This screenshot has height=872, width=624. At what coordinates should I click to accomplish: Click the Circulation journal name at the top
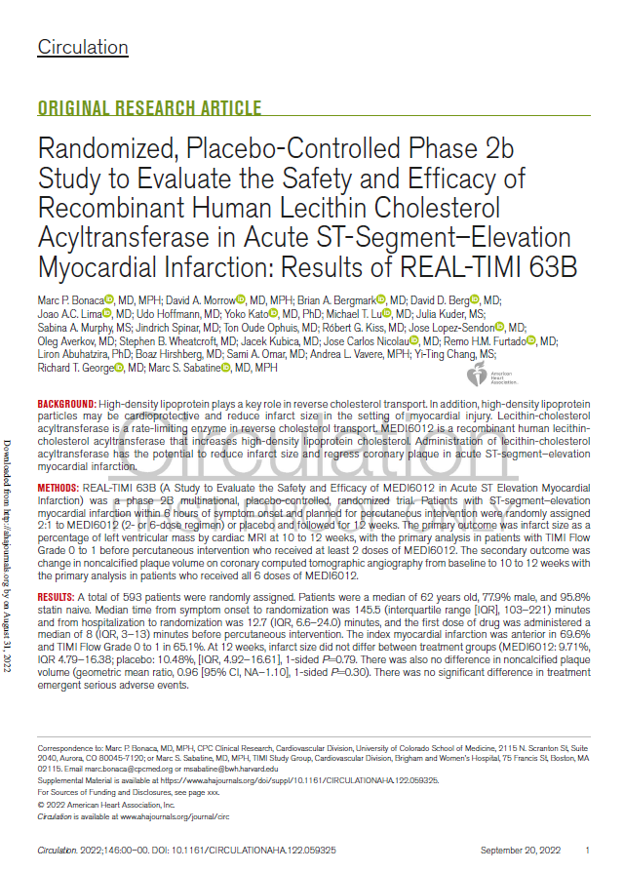point(83,47)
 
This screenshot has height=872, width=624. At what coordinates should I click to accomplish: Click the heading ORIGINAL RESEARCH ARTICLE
point(149,109)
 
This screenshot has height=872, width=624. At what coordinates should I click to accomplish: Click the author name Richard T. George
point(74,369)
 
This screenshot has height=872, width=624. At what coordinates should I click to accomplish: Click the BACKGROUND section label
point(66,404)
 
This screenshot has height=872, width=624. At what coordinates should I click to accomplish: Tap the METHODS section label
point(58,486)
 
